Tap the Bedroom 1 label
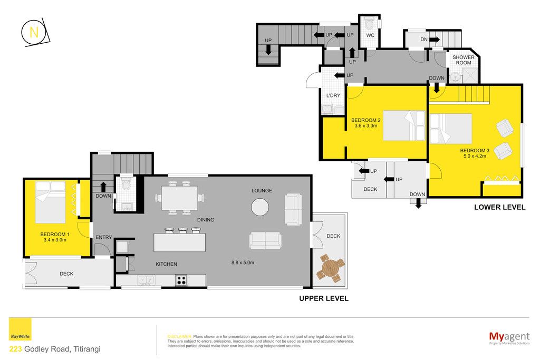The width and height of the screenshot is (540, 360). coord(55,235)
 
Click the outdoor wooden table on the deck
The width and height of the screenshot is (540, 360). coord(330,268)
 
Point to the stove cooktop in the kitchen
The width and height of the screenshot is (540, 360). coord(181,280)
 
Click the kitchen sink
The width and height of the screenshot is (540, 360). coord(147,280)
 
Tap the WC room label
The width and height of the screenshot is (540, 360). coord(370,35)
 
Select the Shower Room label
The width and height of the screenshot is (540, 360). coord(463,60)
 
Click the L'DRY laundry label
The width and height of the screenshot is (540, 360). coord(333,95)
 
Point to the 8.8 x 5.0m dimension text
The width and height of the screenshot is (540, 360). coord(243,262)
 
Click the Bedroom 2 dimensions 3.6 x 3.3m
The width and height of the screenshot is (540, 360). coord(366,125)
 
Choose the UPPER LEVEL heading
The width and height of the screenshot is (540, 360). coord(324,298)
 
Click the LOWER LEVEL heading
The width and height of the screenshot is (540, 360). coord(500,207)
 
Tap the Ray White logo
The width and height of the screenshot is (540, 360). coord(20,329)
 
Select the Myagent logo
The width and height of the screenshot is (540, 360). coord(509,338)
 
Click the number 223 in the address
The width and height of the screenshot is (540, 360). coord(15,349)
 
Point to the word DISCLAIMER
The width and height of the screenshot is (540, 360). coord(179,337)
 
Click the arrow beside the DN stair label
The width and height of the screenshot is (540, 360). coord(435,39)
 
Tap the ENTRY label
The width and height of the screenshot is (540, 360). coord(104,237)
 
